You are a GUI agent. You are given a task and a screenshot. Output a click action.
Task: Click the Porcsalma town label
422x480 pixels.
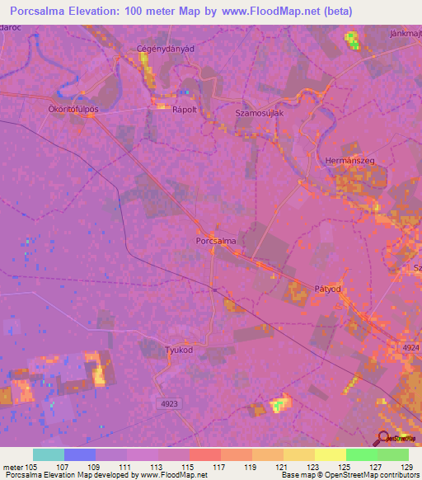pyautogui.click(x=217, y=241)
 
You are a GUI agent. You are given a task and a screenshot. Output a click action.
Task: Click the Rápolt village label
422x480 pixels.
pyautogui.click(x=185, y=108)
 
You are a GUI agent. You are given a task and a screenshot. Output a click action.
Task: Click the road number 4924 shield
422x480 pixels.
pyautogui.click(x=410, y=349)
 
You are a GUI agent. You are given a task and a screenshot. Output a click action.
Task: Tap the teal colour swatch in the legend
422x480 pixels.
pyautogui.click(x=48, y=454)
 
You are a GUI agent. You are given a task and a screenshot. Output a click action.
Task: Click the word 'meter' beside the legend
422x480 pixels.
pyautogui.click(x=12, y=466)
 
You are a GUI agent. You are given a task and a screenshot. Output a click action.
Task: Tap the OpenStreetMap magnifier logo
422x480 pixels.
pyautogui.click(x=383, y=437)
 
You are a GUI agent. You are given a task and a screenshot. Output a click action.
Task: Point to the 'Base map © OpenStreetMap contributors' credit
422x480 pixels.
pyautogui.click(x=348, y=475)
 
